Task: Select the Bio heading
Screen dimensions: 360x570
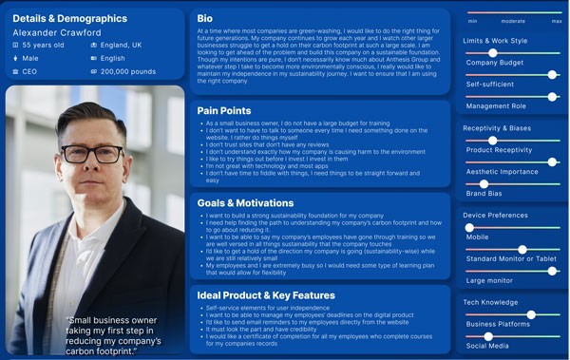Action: pyautogui.click(x=205, y=19)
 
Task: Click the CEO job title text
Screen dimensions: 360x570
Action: pyautogui.click(x=31, y=71)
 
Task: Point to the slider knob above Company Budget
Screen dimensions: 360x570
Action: pyautogui.click(x=491, y=53)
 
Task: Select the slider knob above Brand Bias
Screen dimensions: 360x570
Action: pyautogui.click(x=484, y=183)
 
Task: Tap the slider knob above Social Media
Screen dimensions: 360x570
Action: pyautogui.click(x=488, y=336)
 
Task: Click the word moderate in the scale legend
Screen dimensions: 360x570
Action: pyautogui.click(x=513, y=20)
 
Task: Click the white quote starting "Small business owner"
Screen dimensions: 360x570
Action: pyautogui.click(x=114, y=332)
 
